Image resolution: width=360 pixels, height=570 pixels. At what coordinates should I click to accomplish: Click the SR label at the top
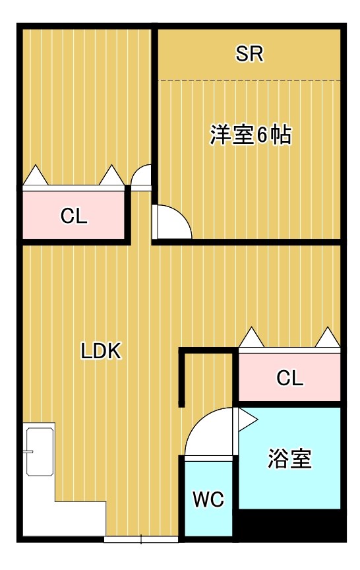tap(249, 55)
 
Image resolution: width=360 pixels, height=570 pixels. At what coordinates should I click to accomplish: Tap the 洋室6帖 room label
tap(251, 135)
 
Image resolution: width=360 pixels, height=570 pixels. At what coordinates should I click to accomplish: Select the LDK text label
tap(101, 352)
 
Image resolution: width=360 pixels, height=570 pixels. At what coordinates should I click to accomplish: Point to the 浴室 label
tap(289, 458)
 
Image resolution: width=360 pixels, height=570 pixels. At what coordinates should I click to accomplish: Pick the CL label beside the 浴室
tap(289, 379)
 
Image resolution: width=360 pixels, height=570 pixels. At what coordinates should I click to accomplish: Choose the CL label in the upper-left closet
tap(74, 216)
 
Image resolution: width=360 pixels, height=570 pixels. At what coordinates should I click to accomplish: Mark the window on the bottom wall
tap(141, 539)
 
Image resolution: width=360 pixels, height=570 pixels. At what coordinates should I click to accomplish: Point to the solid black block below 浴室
tap(289, 525)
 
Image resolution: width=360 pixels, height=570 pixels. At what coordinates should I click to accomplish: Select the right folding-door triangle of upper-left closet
tap(111, 175)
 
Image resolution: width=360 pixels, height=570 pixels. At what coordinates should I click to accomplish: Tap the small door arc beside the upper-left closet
tap(140, 178)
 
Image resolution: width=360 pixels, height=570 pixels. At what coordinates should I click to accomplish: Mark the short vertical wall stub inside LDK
tap(181, 379)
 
